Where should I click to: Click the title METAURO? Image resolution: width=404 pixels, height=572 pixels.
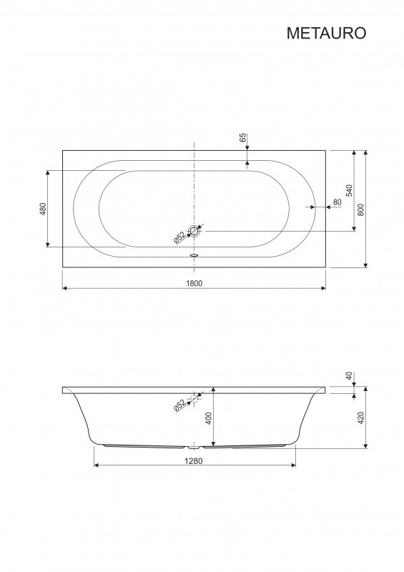point(326,34)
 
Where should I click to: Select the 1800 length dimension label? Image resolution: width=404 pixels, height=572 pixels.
point(194,282)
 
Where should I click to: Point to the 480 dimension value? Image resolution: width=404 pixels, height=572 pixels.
point(42,209)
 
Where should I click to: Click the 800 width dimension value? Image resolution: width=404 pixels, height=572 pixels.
point(361,209)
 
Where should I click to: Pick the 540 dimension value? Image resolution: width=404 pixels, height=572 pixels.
point(349,190)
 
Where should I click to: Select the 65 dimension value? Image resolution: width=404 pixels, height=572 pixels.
point(242,137)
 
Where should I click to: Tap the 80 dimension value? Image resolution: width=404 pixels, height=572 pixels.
point(337,202)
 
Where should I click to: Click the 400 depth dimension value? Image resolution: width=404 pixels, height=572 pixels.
point(209,418)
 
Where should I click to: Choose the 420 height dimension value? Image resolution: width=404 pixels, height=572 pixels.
point(361,418)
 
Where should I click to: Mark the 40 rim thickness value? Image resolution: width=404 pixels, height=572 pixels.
point(349,376)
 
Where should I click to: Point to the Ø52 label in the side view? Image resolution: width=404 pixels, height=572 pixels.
point(179,405)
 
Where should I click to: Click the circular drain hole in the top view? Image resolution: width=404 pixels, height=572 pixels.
point(194,231)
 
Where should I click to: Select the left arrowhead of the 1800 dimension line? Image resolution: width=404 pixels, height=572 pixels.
point(66,288)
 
